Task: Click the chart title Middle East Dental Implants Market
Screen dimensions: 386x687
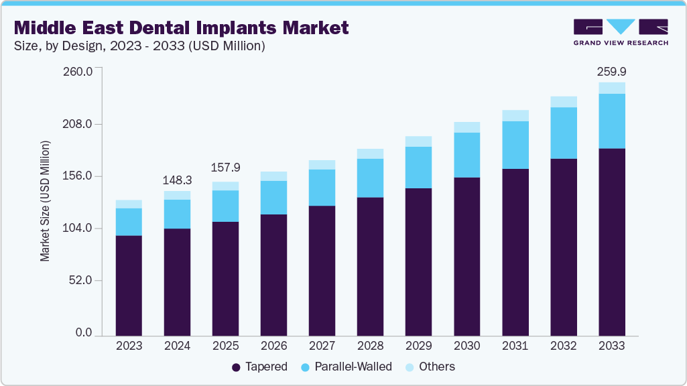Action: click(181, 27)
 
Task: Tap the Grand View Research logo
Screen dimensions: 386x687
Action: click(621, 31)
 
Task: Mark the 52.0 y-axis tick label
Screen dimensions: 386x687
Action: click(80, 281)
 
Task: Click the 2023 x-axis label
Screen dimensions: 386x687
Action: click(129, 346)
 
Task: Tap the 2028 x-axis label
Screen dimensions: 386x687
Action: click(370, 346)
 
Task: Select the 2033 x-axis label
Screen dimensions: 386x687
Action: click(612, 346)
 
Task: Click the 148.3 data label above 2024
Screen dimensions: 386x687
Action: click(177, 181)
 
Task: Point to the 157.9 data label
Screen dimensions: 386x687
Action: click(225, 167)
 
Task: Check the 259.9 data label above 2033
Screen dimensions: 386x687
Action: click(612, 72)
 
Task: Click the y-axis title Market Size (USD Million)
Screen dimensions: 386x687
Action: click(45, 201)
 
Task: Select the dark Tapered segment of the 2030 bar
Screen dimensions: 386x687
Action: click(466, 256)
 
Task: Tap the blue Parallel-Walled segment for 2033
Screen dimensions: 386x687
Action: click(612, 121)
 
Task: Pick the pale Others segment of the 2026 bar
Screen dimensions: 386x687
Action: click(273, 176)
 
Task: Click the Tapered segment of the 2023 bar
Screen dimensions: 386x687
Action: click(129, 285)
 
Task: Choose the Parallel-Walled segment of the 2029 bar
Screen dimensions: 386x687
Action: click(418, 167)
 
